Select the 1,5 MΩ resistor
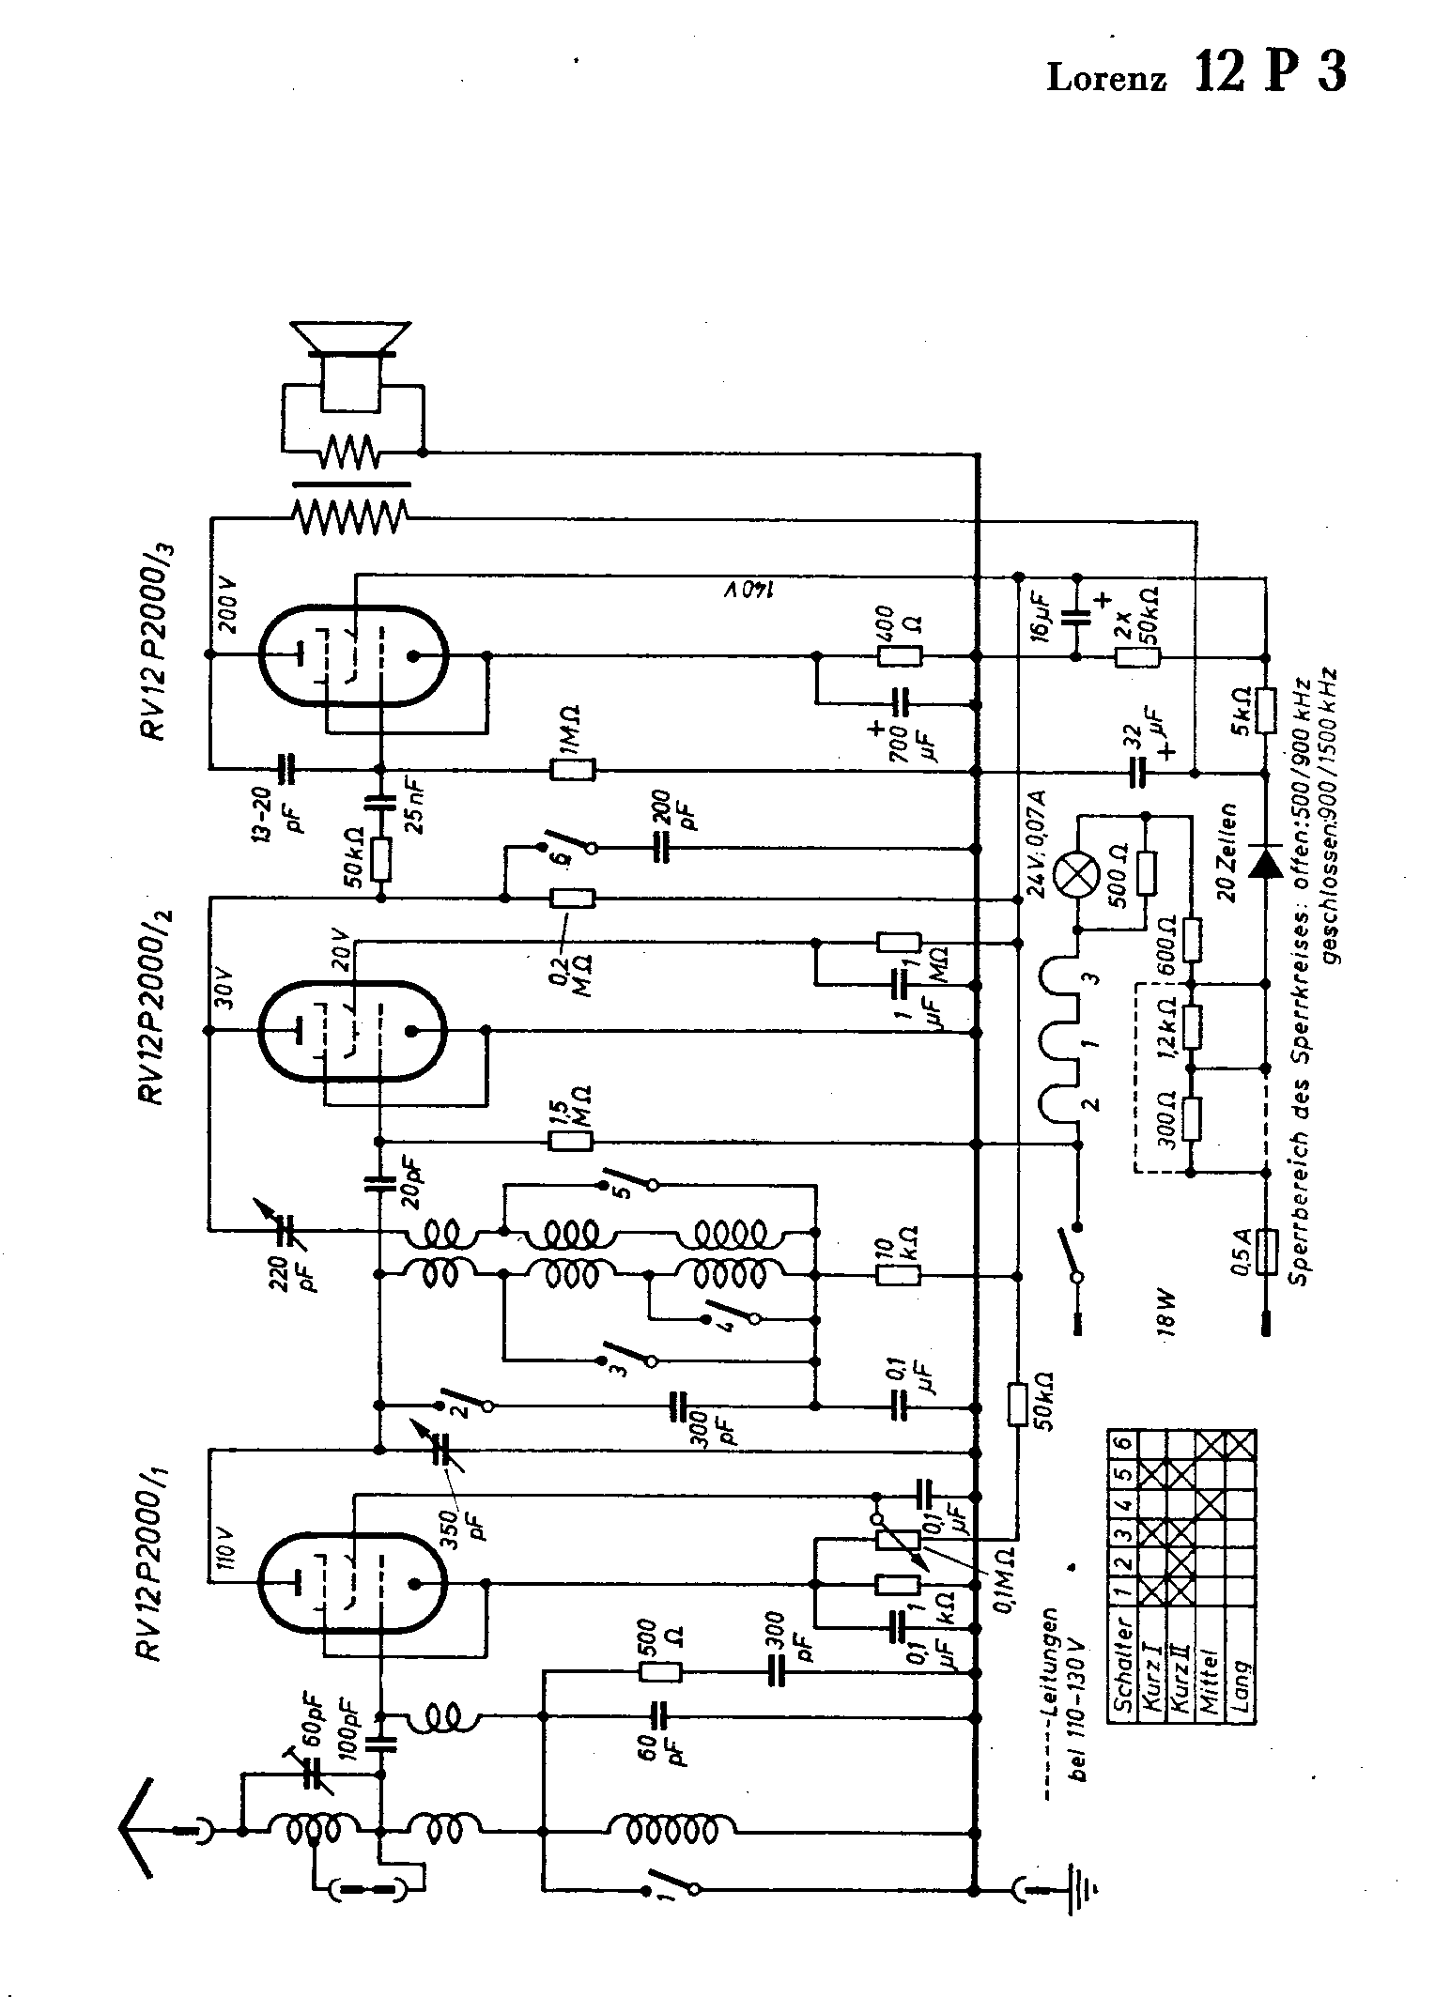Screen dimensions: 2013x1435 coord(570,1142)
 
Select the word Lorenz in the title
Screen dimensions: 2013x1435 coord(1106,79)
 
